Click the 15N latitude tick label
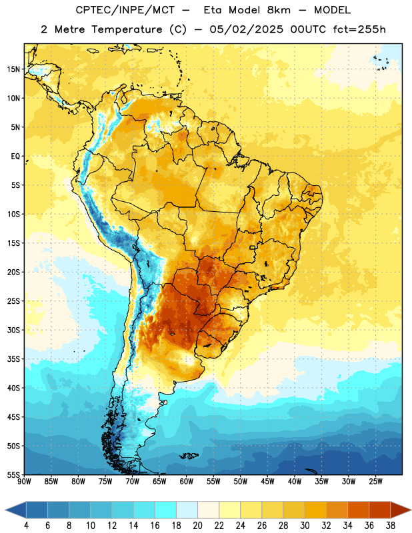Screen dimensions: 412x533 (13, 69)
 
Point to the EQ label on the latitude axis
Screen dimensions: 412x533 (15, 157)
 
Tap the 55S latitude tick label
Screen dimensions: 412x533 (13, 474)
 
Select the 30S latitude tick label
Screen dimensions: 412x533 (13, 330)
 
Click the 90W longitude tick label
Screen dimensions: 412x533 (25, 482)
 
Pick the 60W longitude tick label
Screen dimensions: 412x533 (187, 482)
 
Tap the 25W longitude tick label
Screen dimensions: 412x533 (375, 482)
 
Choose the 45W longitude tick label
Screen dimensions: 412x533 (267, 482)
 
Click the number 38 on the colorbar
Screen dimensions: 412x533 (391, 526)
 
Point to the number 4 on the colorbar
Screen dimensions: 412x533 (26, 526)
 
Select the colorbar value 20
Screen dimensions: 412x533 (197, 526)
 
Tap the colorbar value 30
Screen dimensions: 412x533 (305, 526)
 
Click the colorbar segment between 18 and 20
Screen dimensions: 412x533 (187, 510)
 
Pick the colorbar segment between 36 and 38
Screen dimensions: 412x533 (380, 510)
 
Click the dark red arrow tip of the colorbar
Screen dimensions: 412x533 (411, 510)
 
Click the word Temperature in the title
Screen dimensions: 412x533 (127, 29)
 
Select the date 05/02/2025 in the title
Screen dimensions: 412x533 (246, 29)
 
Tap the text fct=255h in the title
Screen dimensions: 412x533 (359, 29)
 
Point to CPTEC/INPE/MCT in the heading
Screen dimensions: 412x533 (125, 10)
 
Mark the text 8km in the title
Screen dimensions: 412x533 (279, 10)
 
